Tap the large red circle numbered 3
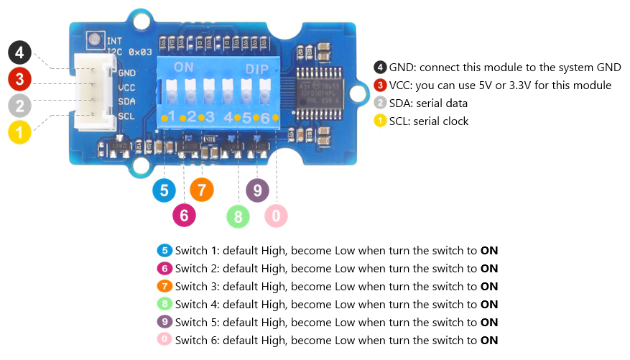pyautogui.click(x=20, y=80)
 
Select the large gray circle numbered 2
pyautogui.click(x=20, y=106)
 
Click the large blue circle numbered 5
pyautogui.click(x=165, y=190)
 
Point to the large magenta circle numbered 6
pyautogui.click(x=184, y=214)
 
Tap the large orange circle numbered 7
pyautogui.click(x=202, y=190)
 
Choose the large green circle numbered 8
pyautogui.click(x=238, y=215)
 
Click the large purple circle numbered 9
pyautogui.click(x=257, y=190)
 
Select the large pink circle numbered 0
pyautogui.click(x=276, y=215)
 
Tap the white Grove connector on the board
pyautogui.click(x=93, y=93)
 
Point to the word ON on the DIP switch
pyautogui.click(x=184, y=68)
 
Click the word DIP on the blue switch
pyautogui.click(x=257, y=69)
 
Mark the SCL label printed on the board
pyautogui.click(x=126, y=115)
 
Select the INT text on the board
pyautogui.click(x=114, y=41)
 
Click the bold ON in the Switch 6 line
pyautogui.click(x=489, y=341)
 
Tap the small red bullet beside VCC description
pyautogui.click(x=380, y=86)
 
